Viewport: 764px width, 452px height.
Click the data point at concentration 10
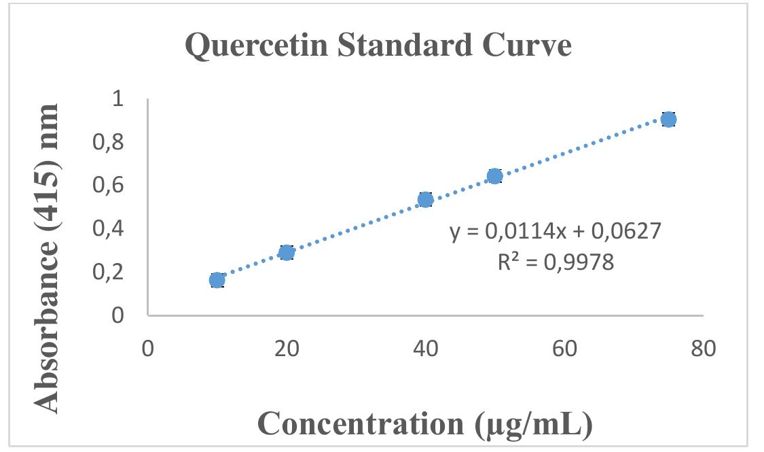(x=217, y=280)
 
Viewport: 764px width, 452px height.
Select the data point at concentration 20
(x=287, y=253)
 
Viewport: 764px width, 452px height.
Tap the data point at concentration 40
(x=426, y=199)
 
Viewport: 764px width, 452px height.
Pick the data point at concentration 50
(x=495, y=176)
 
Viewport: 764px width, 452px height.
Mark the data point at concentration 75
(x=669, y=120)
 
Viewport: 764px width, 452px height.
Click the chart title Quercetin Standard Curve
(x=378, y=46)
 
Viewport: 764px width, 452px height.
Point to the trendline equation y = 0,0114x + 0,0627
(x=556, y=232)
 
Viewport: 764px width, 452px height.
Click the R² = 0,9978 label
(x=556, y=262)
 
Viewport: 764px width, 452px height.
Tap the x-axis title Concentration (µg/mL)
(x=425, y=423)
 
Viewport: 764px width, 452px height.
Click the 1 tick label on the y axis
(x=119, y=99)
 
